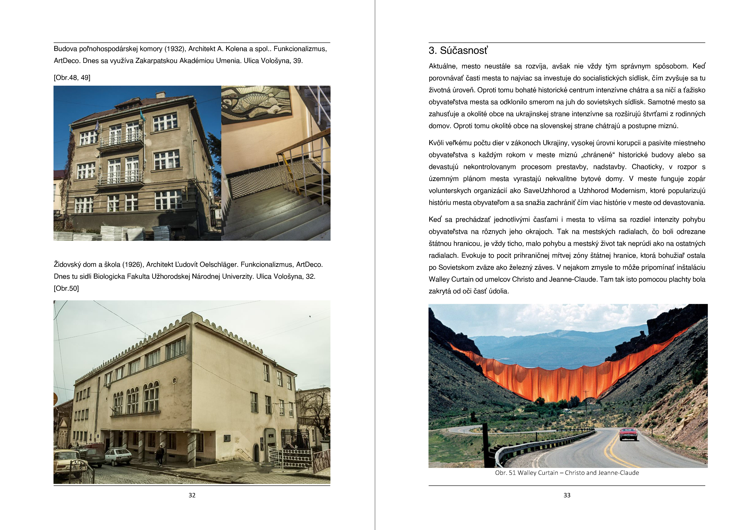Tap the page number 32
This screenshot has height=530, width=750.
click(192, 495)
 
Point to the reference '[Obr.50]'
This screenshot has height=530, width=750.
click(66, 288)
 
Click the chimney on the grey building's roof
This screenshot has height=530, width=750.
click(160, 95)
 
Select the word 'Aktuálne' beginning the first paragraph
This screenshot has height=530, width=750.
click(443, 66)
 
